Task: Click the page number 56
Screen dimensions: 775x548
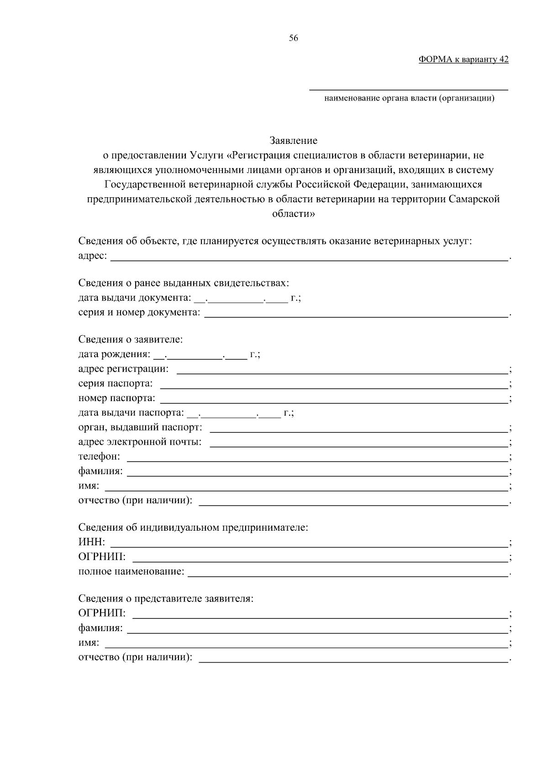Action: [293, 39]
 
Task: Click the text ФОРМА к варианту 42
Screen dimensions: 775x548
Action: [463, 59]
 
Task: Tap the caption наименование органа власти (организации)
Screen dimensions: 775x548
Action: [409, 98]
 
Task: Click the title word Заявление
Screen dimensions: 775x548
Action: [293, 140]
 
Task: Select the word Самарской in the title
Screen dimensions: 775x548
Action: [474, 199]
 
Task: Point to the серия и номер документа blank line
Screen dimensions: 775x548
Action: [356, 314]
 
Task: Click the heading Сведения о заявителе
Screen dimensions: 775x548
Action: [130, 339]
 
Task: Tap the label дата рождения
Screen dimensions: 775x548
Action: [114, 354]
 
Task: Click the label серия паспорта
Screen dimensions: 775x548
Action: [115, 383]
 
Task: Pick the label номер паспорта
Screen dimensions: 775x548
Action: [116, 398]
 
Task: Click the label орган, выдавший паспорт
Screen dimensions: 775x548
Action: [140, 427]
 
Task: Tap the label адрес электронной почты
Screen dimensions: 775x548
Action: [140, 442]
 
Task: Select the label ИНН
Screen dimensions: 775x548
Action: [91, 542]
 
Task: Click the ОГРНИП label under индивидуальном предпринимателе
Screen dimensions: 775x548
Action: [101, 557]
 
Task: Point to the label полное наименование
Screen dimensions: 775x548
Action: [131, 571]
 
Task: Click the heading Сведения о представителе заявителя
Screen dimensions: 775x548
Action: [165, 598]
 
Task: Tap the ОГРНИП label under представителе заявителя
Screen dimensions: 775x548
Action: [101, 613]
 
